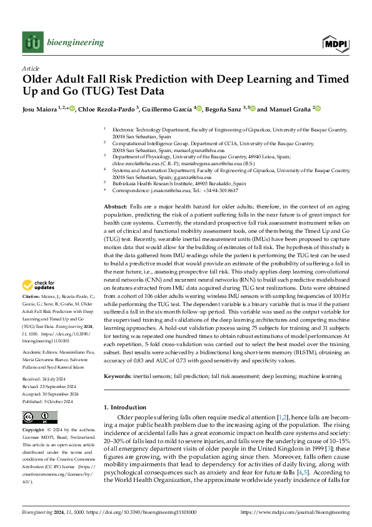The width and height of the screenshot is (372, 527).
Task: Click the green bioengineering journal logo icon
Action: [x=32, y=43]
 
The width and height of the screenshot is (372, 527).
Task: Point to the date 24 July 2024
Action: [x=51, y=362]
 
